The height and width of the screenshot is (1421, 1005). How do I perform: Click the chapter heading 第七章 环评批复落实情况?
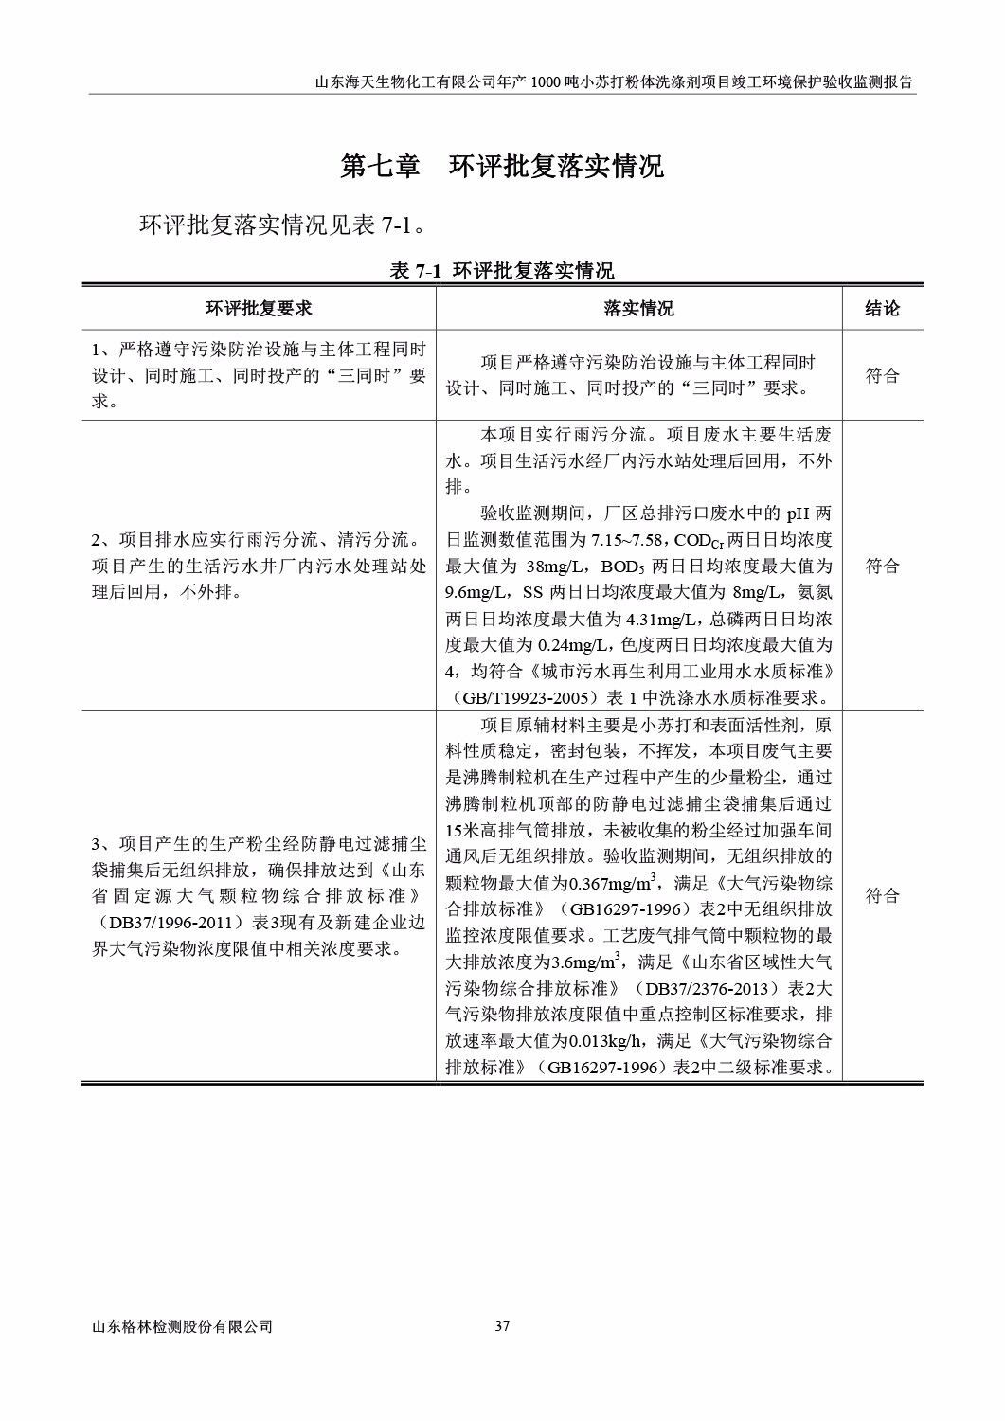(502, 167)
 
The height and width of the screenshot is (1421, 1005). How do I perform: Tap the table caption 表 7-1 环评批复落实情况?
(502, 271)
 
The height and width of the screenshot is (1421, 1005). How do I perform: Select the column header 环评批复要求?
(259, 309)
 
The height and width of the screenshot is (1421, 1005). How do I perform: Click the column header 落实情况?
(639, 309)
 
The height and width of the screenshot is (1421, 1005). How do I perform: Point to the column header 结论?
(882, 309)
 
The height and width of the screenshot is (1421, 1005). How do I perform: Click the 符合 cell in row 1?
(882, 376)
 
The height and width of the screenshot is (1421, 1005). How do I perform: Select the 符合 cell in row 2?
(882, 567)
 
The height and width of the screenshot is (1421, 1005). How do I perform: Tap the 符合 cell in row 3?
(882, 896)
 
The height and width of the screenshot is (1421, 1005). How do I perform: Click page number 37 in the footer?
(503, 1326)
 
